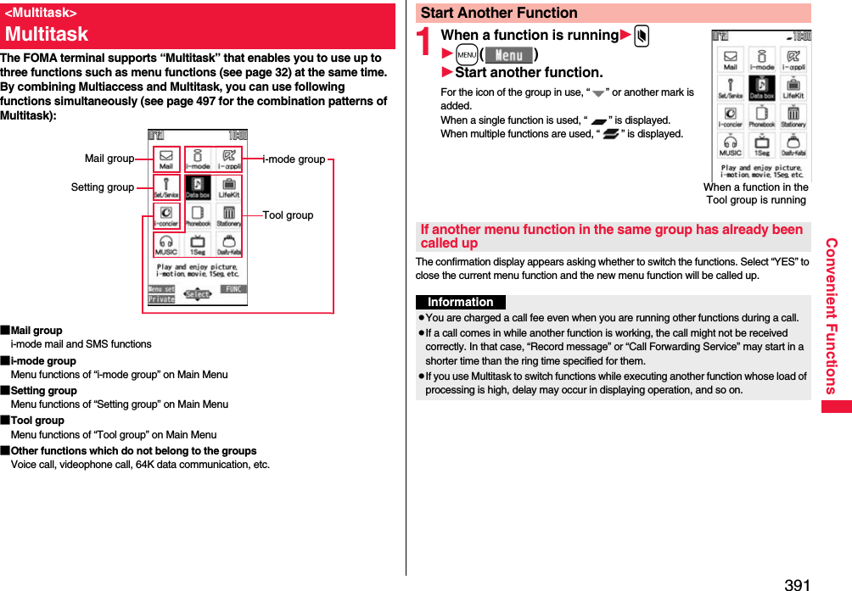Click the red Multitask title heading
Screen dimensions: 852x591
point(47,34)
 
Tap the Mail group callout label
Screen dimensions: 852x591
point(109,159)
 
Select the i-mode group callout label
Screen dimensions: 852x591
point(294,159)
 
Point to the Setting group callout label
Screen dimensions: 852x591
point(102,187)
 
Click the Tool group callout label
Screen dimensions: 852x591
point(288,215)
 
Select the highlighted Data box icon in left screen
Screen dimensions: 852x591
point(198,188)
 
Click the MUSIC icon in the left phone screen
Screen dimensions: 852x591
point(166,245)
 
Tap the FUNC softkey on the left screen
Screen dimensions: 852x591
point(233,289)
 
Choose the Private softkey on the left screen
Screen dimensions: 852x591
point(161,299)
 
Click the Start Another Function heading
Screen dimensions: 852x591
point(499,13)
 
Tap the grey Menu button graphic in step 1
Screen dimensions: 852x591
point(509,56)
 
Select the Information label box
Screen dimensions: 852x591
point(461,303)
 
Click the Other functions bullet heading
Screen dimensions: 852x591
point(133,451)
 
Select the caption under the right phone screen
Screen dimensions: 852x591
point(755,193)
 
